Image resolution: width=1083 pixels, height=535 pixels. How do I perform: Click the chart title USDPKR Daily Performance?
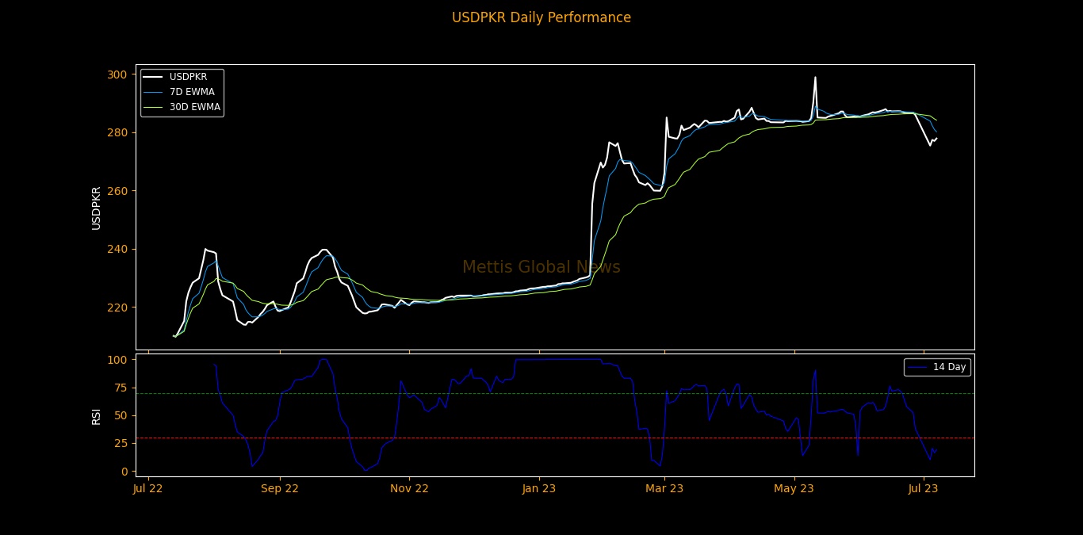[x=541, y=17]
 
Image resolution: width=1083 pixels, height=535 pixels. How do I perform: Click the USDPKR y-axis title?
[x=96, y=208]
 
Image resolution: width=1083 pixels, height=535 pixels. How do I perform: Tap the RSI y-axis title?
[x=96, y=415]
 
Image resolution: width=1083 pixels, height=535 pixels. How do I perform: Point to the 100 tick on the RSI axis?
[x=117, y=360]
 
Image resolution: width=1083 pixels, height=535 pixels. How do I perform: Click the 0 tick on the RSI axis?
[x=122, y=472]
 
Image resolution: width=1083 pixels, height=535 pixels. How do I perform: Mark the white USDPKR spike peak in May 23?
[x=815, y=78]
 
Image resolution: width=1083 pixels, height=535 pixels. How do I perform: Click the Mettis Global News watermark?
[x=541, y=268]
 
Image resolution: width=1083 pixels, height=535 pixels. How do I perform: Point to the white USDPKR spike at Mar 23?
[x=667, y=118]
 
